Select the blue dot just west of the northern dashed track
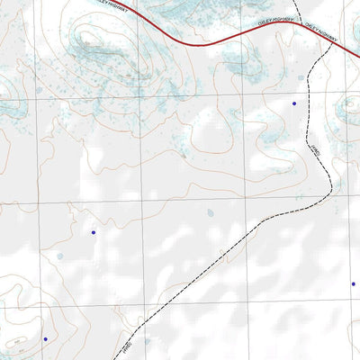pyautogui.click(x=293, y=103)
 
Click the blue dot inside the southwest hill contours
pyautogui.click(x=45, y=339)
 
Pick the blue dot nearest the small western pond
pyautogui.click(x=93, y=233)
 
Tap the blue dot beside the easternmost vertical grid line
pyautogui.click(x=353, y=284)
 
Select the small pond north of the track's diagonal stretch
pyautogui.click(x=210, y=213)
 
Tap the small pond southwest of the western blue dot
pyautogui.click(x=60, y=256)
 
